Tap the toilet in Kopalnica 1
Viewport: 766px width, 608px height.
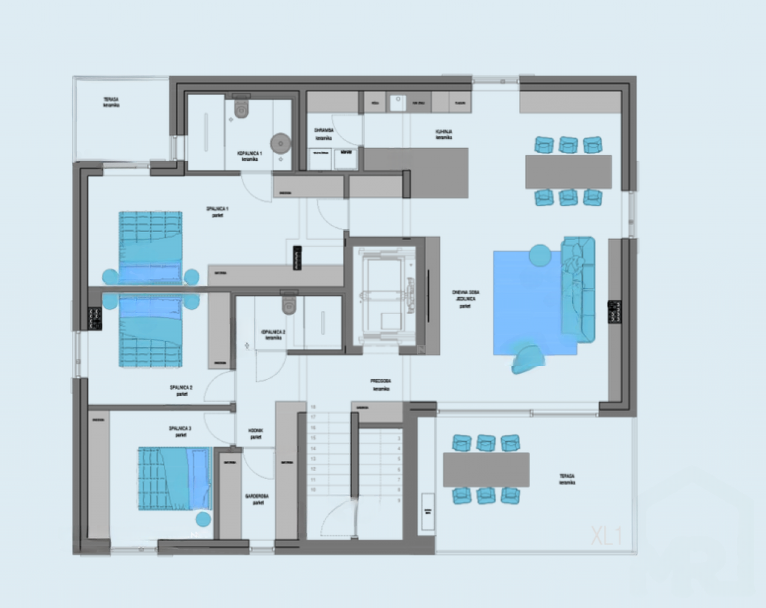click(x=241, y=109)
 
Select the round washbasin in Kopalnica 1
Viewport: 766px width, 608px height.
click(x=280, y=143)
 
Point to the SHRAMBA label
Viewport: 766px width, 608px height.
click(x=324, y=132)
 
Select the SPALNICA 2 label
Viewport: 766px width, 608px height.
click(x=181, y=390)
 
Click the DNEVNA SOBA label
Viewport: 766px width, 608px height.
click(x=466, y=297)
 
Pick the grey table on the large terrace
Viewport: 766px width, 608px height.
click(x=486, y=470)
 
